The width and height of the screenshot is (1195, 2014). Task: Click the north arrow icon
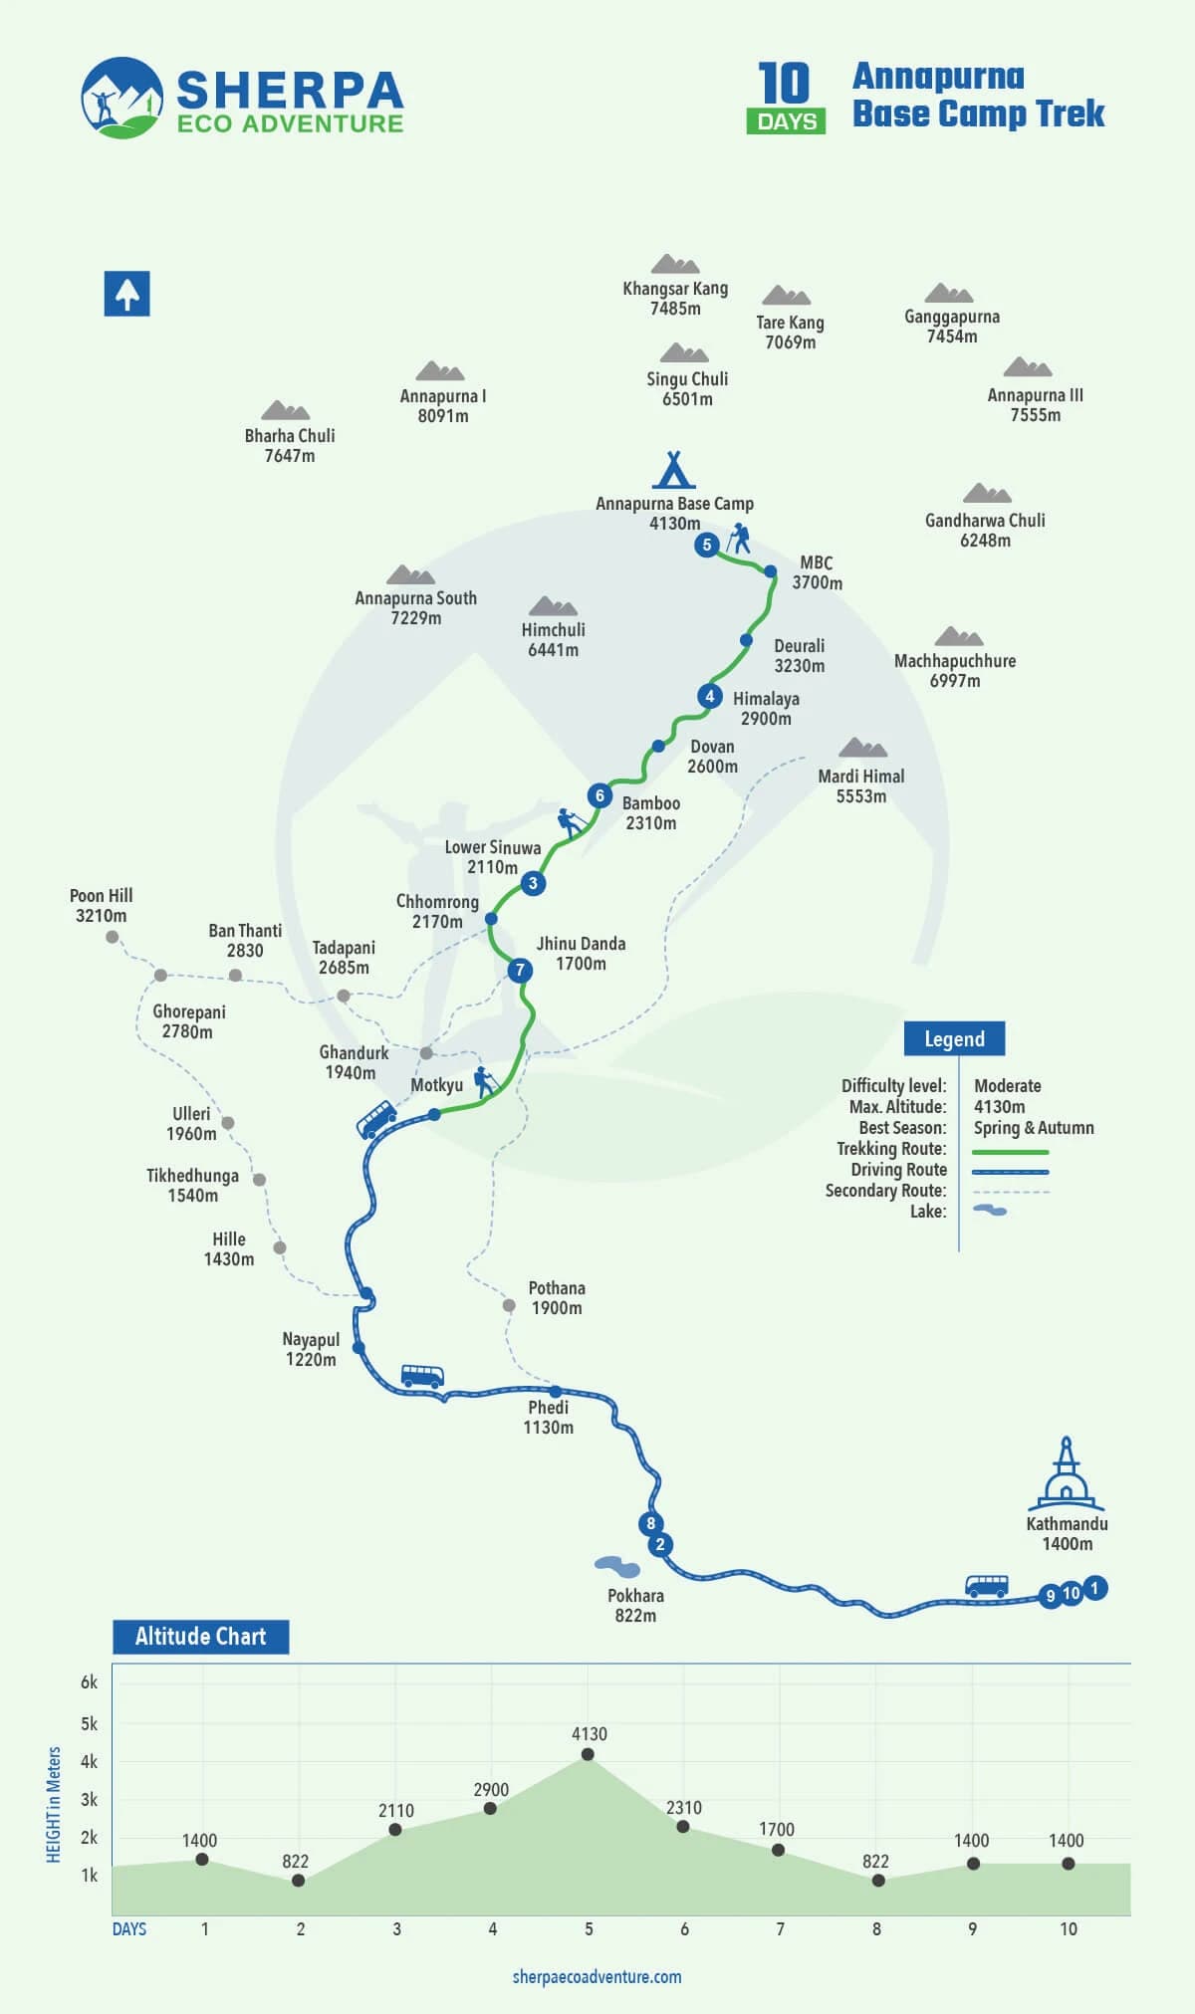pyautogui.click(x=126, y=294)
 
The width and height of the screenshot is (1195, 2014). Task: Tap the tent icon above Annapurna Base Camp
pyautogui.click(x=674, y=470)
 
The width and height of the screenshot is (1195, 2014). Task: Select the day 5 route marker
pyautogui.click(x=707, y=545)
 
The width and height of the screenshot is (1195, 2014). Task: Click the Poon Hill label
pyautogui.click(x=101, y=906)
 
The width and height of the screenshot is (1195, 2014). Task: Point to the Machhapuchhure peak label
pyautogui.click(x=955, y=670)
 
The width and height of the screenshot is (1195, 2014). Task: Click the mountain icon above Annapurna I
pyautogui.click(x=440, y=371)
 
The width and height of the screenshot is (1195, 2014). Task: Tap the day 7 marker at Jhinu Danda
pyautogui.click(x=519, y=970)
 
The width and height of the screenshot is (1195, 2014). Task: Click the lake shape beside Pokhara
pyautogui.click(x=616, y=1567)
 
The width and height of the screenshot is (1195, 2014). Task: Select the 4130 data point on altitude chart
pyautogui.click(x=588, y=1754)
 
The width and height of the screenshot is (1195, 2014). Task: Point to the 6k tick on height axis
pyautogui.click(x=89, y=1682)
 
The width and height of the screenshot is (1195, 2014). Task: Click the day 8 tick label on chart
pyautogui.click(x=876, y=1928)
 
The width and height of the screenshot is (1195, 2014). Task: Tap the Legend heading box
pyautogui.click(x=954, y=1038)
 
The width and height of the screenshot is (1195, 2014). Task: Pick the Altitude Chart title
pyautogui.click(x=200, y=1637)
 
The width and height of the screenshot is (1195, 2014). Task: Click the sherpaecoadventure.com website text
pyautogui.click(x=597, y=1977)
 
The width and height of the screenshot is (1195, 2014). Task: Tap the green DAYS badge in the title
pyautogui.click(x=786, y=121)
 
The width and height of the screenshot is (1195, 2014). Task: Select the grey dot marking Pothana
pyautogui.click(x=509, y=1305)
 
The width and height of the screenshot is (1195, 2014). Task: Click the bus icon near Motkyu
pyautogui.click(x=376, y=1119)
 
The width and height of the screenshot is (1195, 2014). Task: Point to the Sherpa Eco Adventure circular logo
pyautogui.click(x=121, y=98)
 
